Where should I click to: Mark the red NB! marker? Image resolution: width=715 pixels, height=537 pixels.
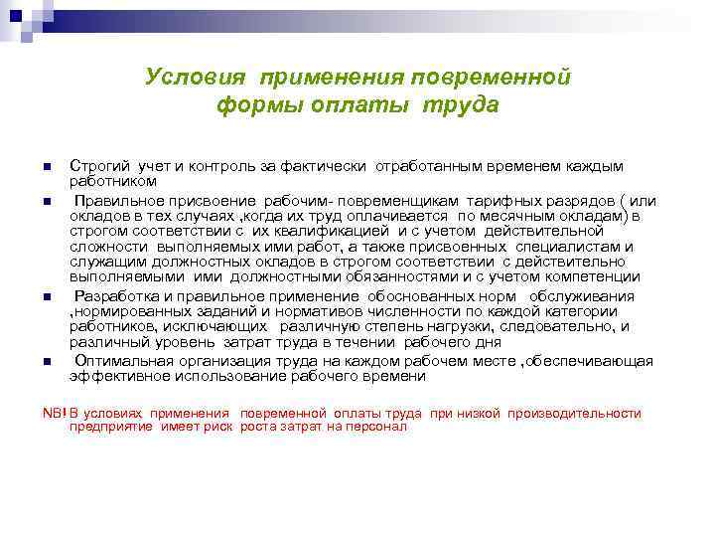[x=55, y=413]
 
